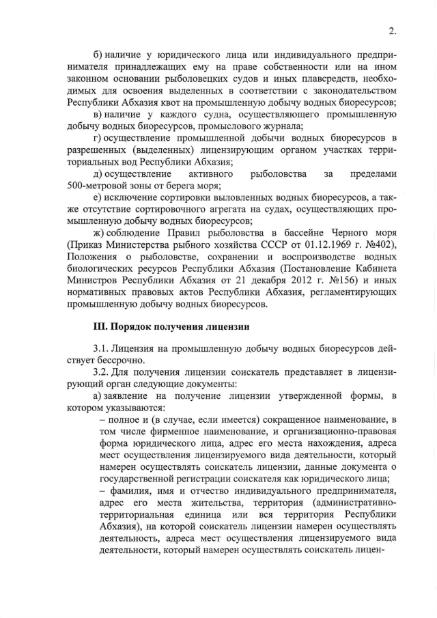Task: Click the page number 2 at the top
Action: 392,30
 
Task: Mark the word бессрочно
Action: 109,361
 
